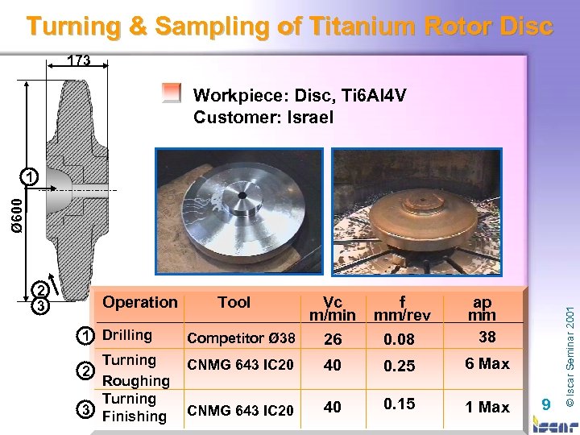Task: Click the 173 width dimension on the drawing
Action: (x=78, y=60)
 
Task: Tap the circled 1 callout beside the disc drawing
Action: (x=29, y=176)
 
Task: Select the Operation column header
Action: (x=140, y=302)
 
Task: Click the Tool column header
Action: (x=234, y=302)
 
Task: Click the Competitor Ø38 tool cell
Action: (x=241, y=338)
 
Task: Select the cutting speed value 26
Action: (x=333, y=340)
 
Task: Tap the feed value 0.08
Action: (x=400, y=340)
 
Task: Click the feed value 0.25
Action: (x=400, y=366)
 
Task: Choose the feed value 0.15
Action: (x=400, y=404)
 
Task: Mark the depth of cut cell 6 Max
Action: (x=488, y=364)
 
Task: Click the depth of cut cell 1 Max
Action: (x=488, y=407)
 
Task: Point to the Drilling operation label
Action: (x=127, y=334)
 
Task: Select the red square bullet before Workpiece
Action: (x=170, y=94)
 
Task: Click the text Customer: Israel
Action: (x=263, y=118)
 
